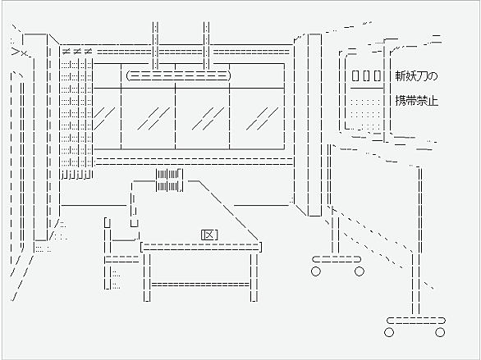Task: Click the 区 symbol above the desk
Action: coord(209,235)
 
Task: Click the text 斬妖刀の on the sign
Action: coord(416,76)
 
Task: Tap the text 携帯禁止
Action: coord(416,101)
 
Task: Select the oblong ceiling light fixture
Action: coord(178,75)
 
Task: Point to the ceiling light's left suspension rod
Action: coord(155,46)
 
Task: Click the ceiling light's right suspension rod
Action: coord(207,46)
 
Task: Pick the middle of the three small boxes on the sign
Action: coord(366,75)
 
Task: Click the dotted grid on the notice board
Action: coord(365,114)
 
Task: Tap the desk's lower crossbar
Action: coord(200,285)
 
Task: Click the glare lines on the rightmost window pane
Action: coord(262,118)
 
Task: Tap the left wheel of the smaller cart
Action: coord(316,271)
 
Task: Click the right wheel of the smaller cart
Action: coord(360,271)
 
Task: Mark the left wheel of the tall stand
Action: coord(389,332)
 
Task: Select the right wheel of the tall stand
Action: coord(440,332)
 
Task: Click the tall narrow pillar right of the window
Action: coord(314,125)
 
